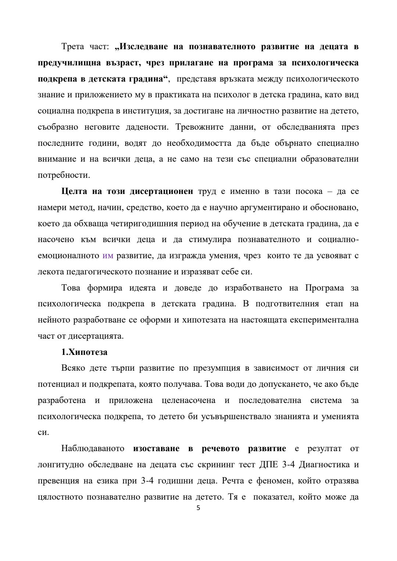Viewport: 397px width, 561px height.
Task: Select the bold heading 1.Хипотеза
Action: point(84,352)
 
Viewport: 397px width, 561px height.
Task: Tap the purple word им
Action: point(108,256)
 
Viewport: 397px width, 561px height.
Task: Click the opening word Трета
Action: point(73,47)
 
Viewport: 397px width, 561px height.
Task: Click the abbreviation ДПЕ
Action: point(268,465)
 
